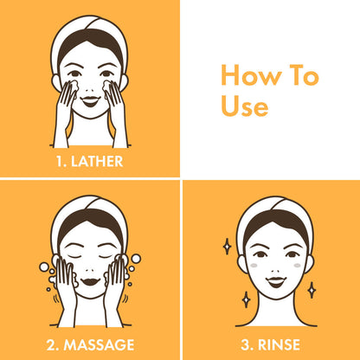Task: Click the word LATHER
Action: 97,161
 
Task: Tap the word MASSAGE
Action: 99,345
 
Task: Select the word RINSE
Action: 279,345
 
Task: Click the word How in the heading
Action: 251,75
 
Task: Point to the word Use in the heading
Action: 245,106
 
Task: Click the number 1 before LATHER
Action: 60,161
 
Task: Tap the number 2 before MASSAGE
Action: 52,345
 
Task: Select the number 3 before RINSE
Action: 246,345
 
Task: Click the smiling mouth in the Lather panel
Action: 90,101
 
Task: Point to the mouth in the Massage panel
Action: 90,281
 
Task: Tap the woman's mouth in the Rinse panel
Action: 276,281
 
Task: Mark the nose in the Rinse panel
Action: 276,271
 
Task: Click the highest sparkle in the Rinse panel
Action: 228,247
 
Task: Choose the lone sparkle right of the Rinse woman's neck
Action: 312,290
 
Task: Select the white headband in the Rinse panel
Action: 275,206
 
